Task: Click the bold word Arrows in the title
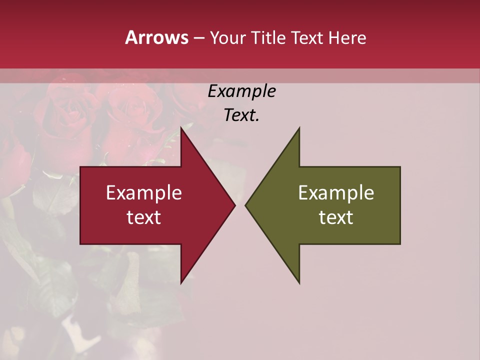(x=156, y=37)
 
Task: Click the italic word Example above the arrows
(x=242, y=91)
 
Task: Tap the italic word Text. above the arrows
(x=242, y=115)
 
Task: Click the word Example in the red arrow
(x=144, y=193)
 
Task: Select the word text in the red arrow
(x=144, y=217)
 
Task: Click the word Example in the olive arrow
(x=336, y=193)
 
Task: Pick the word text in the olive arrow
(x=336, y=217)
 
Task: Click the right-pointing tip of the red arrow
(x=234, y=205)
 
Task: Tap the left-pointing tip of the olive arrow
(x=245, y=205)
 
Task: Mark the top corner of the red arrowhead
(x=181, y=128)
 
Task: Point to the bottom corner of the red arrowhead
(x=181, y=283)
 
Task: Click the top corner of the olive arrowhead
(x=299, y=128)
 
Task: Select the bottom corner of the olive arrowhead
(x=299, y=283)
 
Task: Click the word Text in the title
(x=307, y=38)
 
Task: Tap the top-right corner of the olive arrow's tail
(x=400, y=167)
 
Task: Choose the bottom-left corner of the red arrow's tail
(x=80, y=244)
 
